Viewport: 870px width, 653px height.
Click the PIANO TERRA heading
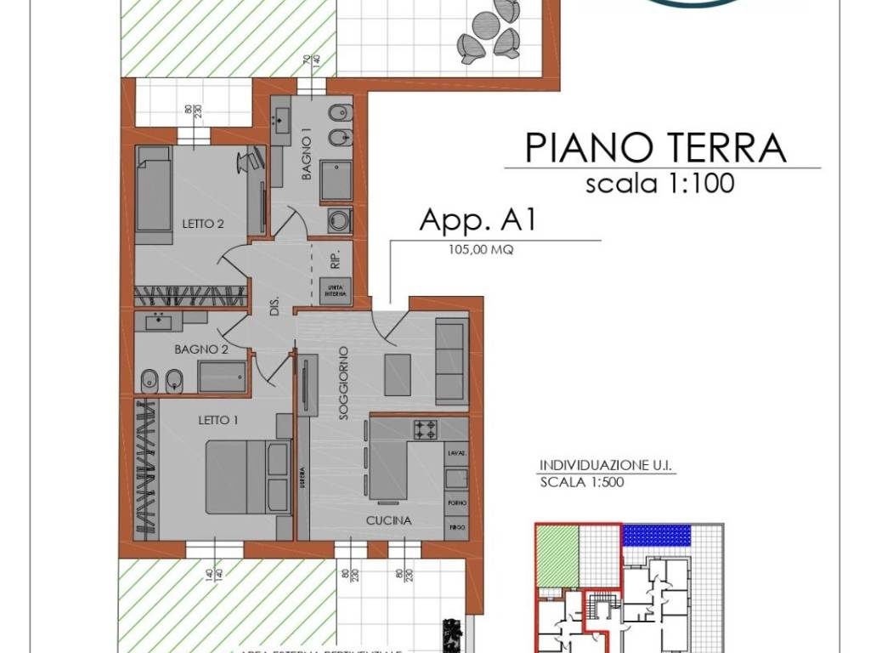(x=655, y=147)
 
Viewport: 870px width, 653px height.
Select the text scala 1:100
(x=659, y=183)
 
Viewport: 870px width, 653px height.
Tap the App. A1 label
(x=477, y=220)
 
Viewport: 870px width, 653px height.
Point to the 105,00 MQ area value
(x=481, y=251)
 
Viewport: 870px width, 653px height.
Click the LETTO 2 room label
(x=203, y=224)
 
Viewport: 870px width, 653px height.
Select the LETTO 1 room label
(x=218, y=420)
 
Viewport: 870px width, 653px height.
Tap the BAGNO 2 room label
(x=201, y=349)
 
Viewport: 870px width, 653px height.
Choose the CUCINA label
(x=389, y=520)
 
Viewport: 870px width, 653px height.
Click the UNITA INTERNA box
(x=336, y=291)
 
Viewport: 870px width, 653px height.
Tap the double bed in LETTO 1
(x=247, y=477)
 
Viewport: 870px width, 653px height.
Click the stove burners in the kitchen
(x=426, y=429)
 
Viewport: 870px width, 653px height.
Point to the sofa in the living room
(x=451, y=361)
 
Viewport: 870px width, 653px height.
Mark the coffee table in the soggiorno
(x=398, y=375)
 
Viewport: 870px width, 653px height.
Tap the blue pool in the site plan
(x=657, y=536)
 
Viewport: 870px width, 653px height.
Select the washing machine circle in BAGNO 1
(x=342, y=220)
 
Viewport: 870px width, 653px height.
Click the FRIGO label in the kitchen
(x=456, y=527)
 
